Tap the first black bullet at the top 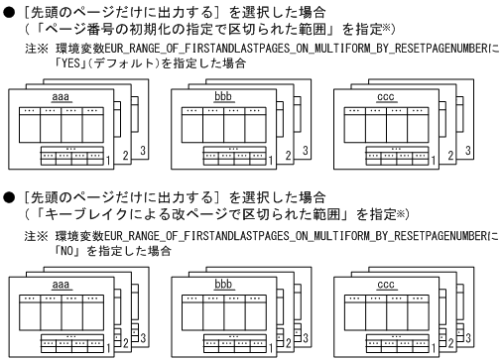point(8,9)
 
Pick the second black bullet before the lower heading point(8,201)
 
